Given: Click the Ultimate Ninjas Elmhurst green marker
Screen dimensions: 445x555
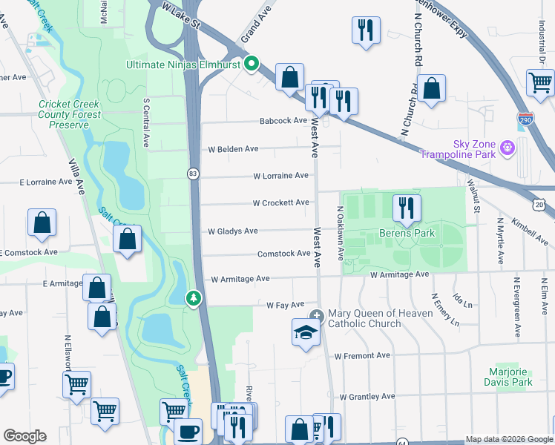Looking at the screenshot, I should [x=251, y=64].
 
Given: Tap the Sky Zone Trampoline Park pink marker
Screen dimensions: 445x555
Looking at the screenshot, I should [x=508, y=148].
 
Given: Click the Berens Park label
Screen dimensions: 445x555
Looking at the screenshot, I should [x=407, y=234].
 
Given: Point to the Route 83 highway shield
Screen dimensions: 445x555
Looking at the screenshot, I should [x=193, y=174].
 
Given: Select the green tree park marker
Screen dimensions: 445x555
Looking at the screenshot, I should [x=193, y=297].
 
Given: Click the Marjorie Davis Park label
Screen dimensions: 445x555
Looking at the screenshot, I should [x=510, y=377].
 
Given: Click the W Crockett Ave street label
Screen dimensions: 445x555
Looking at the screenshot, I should [x=280, y=202].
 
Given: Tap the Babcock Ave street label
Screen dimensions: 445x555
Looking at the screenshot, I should [x=283, y=121].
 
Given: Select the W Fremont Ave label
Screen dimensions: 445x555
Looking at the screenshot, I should [x=361, y=356].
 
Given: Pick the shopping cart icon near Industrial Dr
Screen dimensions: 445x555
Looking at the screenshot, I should [x=540, y=82].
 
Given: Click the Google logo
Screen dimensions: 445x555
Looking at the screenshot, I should [x=24, y=436].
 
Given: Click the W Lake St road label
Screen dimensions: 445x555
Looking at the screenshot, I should [x=183, y=16].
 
